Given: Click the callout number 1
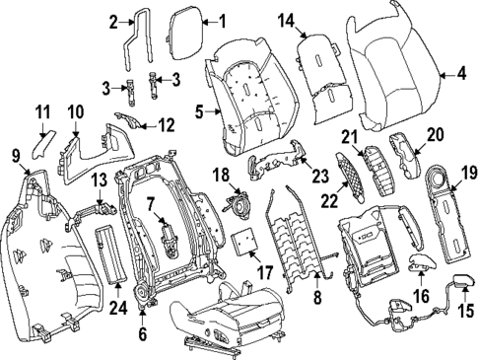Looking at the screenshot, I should [221, 20].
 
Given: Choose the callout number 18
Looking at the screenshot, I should [222, 174].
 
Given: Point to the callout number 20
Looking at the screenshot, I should [435, 134].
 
